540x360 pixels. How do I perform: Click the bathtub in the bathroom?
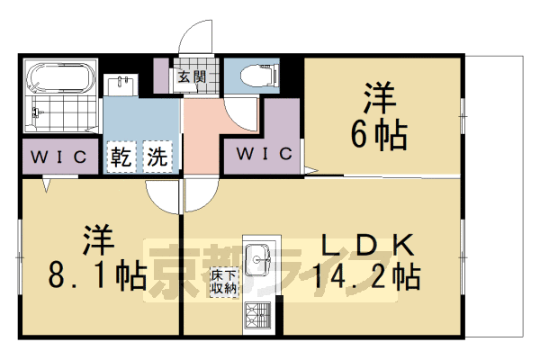(x=58, y=78)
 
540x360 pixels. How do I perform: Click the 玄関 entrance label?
(x=189, y=76)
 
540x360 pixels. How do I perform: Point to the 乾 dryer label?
(x=123, y=157)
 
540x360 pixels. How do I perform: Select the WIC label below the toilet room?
(x=265, y=154)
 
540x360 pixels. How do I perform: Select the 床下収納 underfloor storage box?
(x=224, y=283)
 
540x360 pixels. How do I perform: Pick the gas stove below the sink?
(x=259, y=314)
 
